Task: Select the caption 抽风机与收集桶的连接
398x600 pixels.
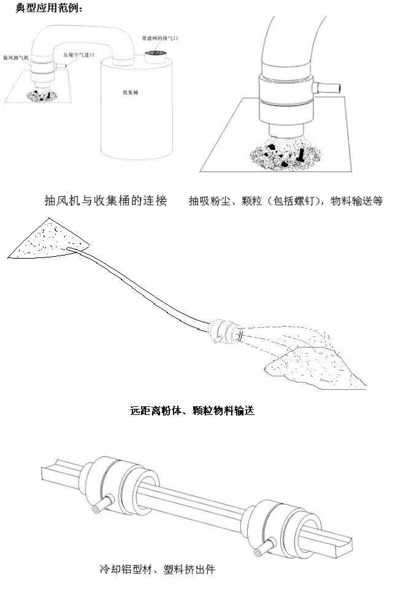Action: [105, 200]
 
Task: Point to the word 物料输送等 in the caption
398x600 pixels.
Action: [356, 201]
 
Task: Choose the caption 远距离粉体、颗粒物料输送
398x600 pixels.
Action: [192, 411]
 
